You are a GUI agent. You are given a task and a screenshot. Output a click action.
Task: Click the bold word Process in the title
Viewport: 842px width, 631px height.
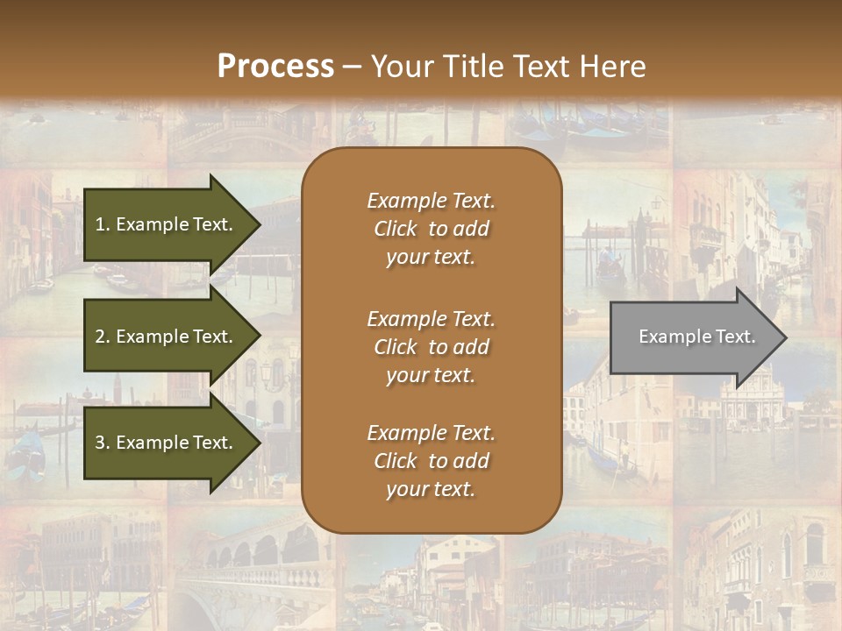point(275,67)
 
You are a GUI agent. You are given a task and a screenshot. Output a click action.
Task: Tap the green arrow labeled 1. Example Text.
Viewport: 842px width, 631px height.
point(167,224)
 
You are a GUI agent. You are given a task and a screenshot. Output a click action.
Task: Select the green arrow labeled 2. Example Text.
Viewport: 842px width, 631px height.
point(167,337)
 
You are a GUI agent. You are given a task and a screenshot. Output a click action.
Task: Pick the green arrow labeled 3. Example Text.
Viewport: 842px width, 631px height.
point(167,443)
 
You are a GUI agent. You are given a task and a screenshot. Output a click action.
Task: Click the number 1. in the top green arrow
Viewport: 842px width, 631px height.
point(103,224)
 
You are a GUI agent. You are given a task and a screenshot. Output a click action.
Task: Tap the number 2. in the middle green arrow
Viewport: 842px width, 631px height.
point(103,337)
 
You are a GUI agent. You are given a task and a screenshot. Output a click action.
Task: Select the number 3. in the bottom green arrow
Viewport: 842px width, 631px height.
point(103,443)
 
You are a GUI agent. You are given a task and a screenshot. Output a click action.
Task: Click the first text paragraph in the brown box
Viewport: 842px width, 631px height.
point(431,229)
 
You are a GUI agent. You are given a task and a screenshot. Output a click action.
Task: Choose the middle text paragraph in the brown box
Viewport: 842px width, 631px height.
point(431,347)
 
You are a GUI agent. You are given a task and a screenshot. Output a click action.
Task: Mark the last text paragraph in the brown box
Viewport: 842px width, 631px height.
point(431,461)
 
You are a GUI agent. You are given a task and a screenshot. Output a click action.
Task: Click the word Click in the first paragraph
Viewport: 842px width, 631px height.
point(395,229)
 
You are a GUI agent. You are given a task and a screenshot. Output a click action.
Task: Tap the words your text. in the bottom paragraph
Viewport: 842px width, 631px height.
point(431,490)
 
